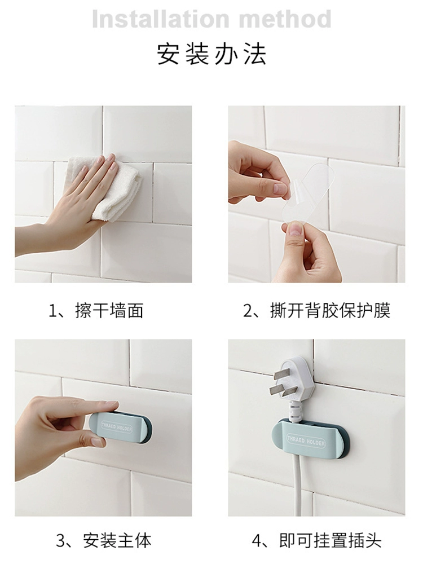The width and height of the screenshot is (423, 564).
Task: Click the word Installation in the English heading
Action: tap(160, 19)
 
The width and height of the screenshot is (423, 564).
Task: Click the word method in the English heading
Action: tap(285, 19)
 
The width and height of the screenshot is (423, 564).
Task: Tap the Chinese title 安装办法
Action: tap(211, 54)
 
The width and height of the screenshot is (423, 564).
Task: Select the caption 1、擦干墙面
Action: tap(96, 310)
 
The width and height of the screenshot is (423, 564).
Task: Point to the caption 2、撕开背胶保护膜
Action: tap(316, 310)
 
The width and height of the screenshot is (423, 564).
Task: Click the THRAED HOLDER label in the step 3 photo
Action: tap(117, 428)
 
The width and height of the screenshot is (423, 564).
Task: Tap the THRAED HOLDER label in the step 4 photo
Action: tap(306, 441)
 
